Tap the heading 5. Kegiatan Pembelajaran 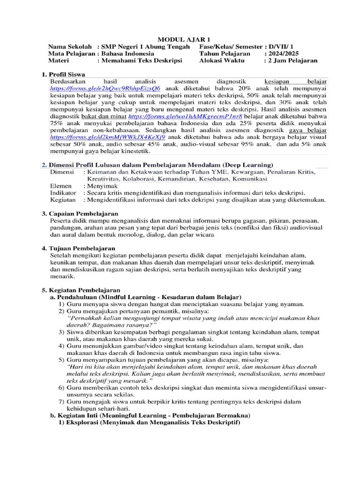pyautogui.click(x=81, y=290)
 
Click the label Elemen pyautogui.click(x=61, y=186)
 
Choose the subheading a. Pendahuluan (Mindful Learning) pyautogui.click(x=145, y=297)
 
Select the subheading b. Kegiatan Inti pyautogui.click(x=150, y=416)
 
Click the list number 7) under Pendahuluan pyautogui.click(x=61, y=402)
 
